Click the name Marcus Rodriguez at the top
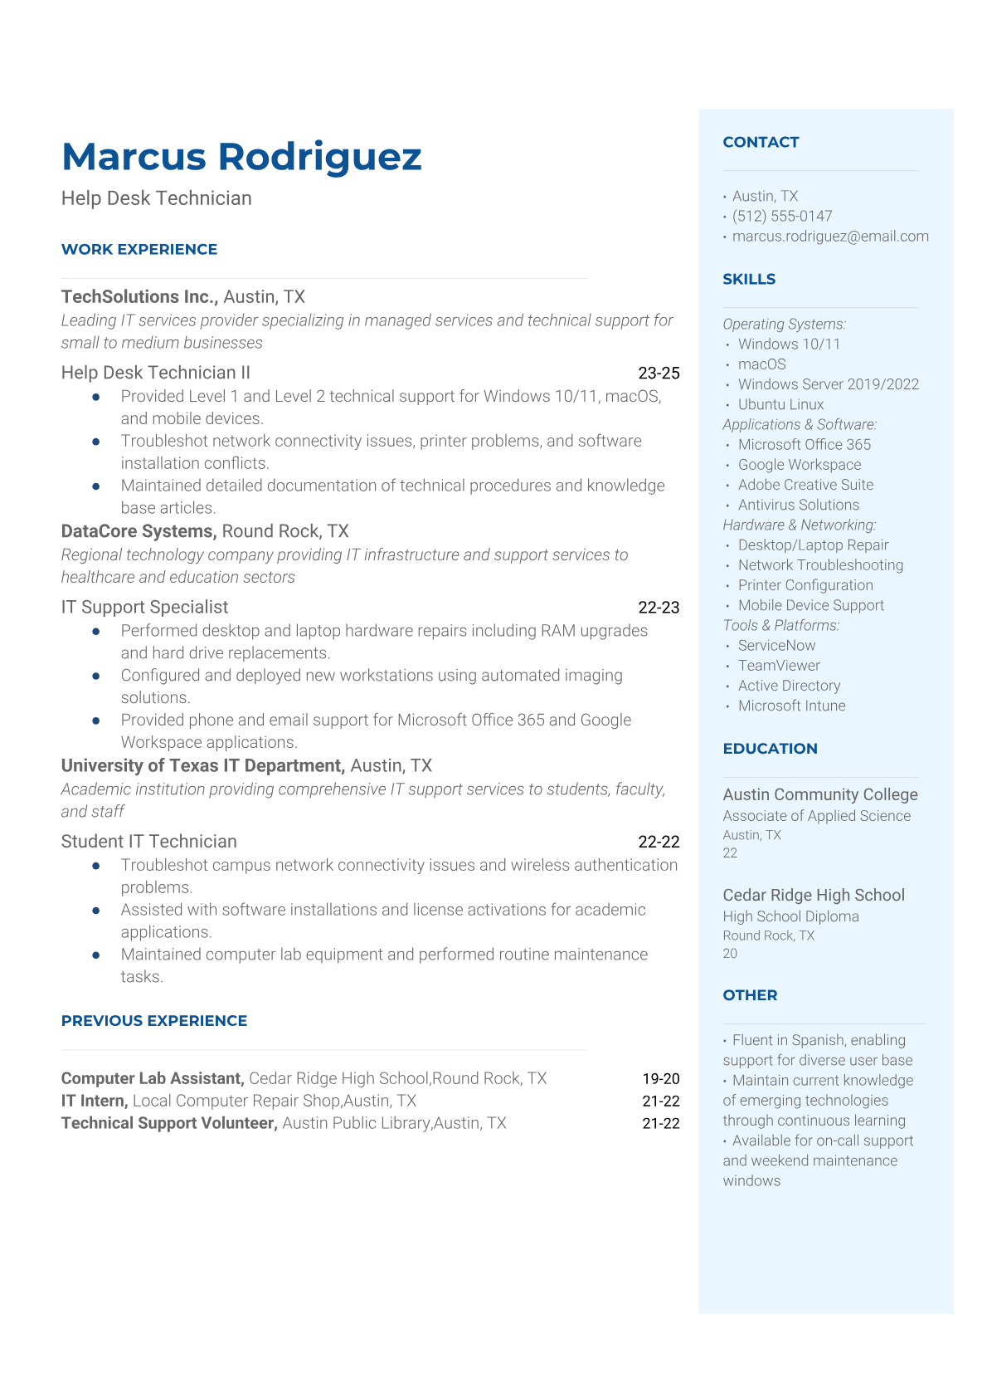[x=241, y=157]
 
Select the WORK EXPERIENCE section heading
[x=139, y=249]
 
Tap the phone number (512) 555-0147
[x=782, y=216]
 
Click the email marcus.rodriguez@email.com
[x=830, y=236]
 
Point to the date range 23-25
[x=659, y=373]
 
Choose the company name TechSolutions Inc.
[x=139, y=296]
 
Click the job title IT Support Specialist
[x=144, y=607]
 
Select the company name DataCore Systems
[x=139, y=531]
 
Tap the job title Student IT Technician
[x=149, y=841]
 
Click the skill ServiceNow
[x=776, y=645]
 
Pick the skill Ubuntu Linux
[x=780, y=404]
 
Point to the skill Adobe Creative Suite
[x=805, y=485]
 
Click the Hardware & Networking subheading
[x=799, y=525]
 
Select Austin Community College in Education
[x=820, y=794]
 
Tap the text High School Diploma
[x=790, y=916]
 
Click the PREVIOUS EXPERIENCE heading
[x=154, y=1020]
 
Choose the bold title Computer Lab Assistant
[x=152, y=1078]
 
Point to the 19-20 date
[x=661, y=1078]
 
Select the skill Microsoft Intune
[x=791, y=706]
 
